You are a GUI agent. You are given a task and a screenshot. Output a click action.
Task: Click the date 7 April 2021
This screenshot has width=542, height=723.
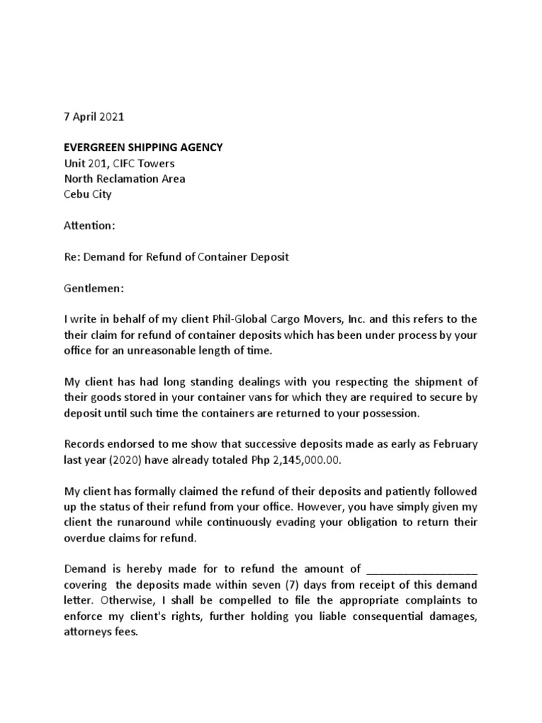[x=93, y=116]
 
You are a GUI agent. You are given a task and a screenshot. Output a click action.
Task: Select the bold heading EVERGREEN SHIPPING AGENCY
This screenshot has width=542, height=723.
[x=143, y=148]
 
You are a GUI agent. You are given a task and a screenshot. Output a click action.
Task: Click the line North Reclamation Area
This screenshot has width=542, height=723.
[x=125, y=179]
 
